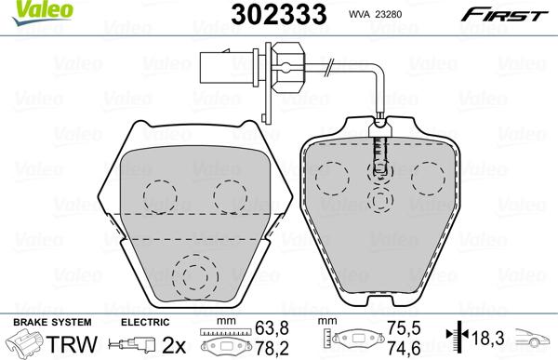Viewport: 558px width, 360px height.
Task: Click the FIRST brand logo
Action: (x=511, y=13)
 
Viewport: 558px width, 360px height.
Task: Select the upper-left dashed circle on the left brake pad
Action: (x=160, y=193)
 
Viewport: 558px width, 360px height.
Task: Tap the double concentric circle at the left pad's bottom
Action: (x=194, y=276)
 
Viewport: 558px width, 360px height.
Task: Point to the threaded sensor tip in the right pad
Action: (x=378, y=153)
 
